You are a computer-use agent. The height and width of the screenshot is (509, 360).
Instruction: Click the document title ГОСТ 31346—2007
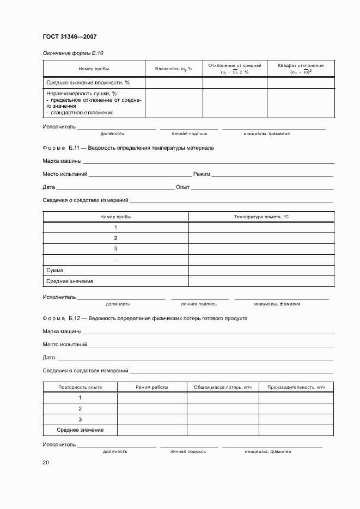tap(70, 37)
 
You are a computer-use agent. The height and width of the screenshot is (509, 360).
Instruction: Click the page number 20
tap(46, 462)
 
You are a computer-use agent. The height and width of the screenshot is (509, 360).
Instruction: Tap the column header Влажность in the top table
tap(174, 69)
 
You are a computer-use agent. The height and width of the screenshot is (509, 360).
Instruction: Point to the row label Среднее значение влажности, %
tap(88, 82)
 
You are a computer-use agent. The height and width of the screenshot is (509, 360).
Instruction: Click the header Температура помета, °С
tap(261, 217)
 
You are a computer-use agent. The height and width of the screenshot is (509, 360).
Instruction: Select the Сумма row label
tap(55, 270)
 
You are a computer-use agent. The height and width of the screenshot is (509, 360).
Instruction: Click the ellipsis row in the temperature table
tap(115, 260)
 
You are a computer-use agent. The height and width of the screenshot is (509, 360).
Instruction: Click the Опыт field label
tap(183, 187)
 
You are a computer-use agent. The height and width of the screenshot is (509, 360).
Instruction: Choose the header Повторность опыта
tap(80, 387)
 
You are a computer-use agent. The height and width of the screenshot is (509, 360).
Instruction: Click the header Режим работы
tap(152, 387)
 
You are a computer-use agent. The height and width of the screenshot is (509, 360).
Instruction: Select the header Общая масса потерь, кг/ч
tap(223, 387)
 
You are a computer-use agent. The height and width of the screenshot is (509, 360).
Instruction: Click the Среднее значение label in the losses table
tap(80, 430)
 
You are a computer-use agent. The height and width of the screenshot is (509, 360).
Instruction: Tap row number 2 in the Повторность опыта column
tap(80, 408)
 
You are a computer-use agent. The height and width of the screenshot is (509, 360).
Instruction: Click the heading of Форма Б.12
tap(145, 318)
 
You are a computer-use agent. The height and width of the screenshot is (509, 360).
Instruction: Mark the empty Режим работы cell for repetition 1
tap(152, 397)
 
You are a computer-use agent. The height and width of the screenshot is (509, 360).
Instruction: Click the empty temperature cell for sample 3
tap(261, 249)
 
